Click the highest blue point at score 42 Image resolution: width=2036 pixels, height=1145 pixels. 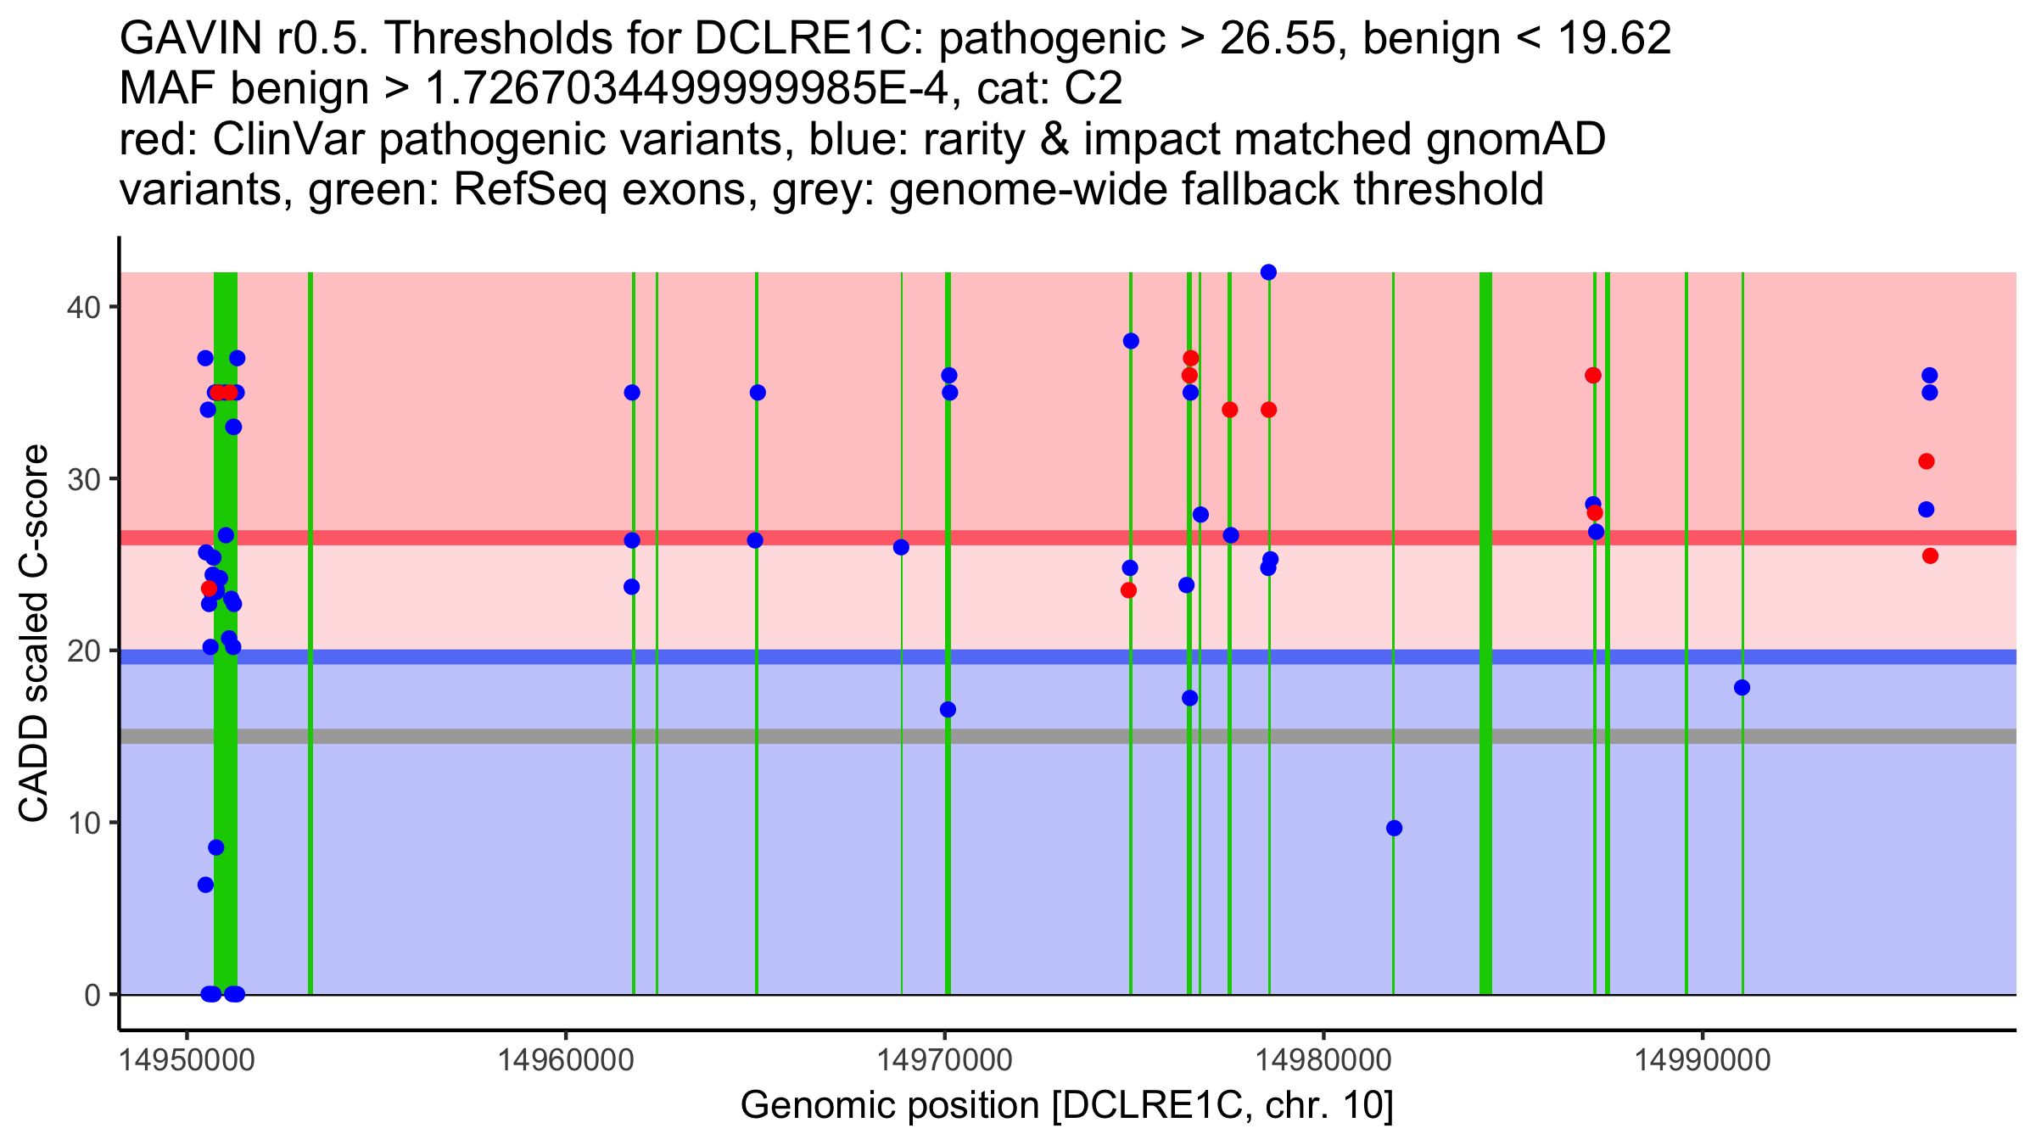pyautogui.click(x=1268, y=272)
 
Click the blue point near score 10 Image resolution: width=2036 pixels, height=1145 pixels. pyautogui.click(x=1394, y=828)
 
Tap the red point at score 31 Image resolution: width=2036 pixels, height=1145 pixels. pyautogui.click(x=1927, y=461)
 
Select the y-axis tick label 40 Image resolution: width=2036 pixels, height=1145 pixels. pyautogui.click(x=82, y=306)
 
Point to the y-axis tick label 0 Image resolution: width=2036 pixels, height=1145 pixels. pyautogui.click(x=92, y=995)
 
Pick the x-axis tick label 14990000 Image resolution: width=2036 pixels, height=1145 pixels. pyautogui.click(x=1702, y=1060)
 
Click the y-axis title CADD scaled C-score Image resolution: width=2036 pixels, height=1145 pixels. pyautogui.click(x=34, y=634)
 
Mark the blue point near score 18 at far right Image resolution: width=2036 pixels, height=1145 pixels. pyautogui.click(x=1742, y=688)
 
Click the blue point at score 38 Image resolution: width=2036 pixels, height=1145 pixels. pyautogui.click(x=1131, y=341)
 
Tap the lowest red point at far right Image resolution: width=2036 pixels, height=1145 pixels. pyautogui.click(x=1930, y=556)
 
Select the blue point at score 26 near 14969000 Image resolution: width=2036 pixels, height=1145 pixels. pyautogui.click(x=901, y=547)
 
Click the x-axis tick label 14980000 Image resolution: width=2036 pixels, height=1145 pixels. pyautogui.click(x=1323, y=1060)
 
